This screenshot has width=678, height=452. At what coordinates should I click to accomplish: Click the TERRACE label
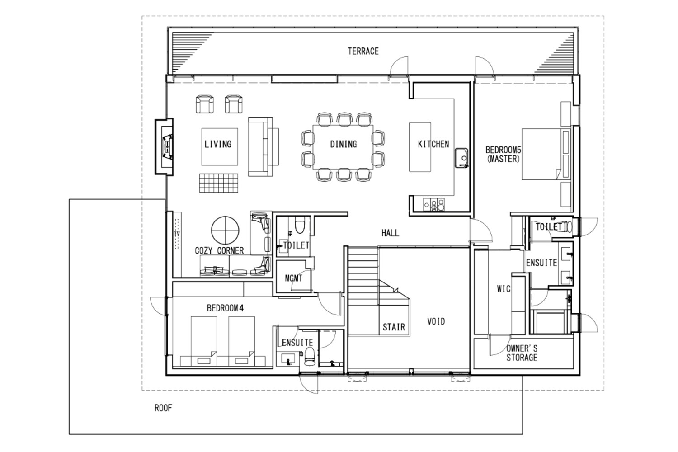pyautogui.click(x=363, y=51)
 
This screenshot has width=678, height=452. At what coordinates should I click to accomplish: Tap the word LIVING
pyautogui.click(x=218, y=144)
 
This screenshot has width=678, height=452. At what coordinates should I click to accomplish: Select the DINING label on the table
pyautogui.click(x=343, y=144)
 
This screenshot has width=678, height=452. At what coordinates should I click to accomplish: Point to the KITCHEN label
pyautogui.click(x=433, y=144)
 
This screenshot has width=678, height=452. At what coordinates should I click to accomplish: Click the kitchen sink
pyautogui.click(x=461, y=158)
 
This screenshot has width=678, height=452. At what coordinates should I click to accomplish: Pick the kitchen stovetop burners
pyautogui.click(x=434, y=205)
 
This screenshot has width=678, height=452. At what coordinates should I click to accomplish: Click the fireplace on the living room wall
pyautogui.click(x=165, y=147)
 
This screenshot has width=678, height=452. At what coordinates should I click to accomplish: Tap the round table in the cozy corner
pyautogui.click(x=225, y=231)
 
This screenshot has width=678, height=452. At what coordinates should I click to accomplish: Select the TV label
pyautogui.click(x=177, y=234)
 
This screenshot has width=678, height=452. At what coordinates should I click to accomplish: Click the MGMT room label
pyautogui.click(x=294, y=278)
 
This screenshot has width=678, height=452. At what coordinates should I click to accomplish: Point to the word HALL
pyautogui.click(x=390, y=233)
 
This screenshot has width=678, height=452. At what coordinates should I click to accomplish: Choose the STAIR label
pyautogui.click(x=394, y=327)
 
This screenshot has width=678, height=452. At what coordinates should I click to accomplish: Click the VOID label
pyautogui.click(x=436, y=321)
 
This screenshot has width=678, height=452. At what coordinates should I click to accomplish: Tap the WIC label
pyautogui.click(x=504, y=289)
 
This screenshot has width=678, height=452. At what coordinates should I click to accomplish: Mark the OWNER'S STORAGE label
pyautogui.click(x=522, y=353)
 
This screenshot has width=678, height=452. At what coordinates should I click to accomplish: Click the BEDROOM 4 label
pyautogui.click(x=225, y=308)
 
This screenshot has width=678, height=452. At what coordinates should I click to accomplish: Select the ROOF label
pyautogui.click(x=163, y=408)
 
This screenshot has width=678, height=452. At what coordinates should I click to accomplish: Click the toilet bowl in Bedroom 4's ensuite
pyautogui.click(x=310, y=356)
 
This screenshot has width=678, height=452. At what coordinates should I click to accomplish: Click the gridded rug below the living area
pyautogui.click(x=218, y=183)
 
